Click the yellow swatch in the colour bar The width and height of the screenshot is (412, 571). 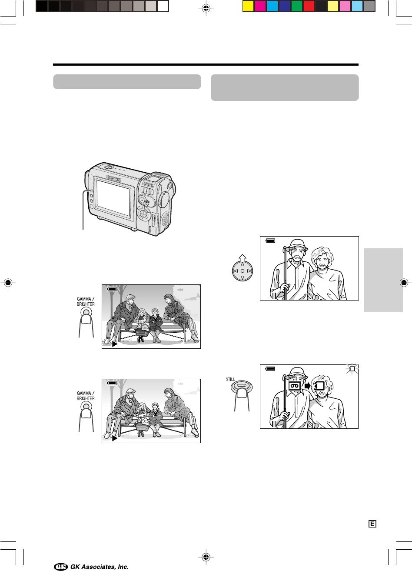click(x=248, y=6)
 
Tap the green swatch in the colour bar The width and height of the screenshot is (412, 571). click(x=296, y=6)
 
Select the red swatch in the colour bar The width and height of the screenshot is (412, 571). click(x=309, y=6)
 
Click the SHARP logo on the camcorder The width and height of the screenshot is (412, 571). click(x=113, y=178)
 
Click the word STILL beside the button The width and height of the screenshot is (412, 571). click(x=230, y=379)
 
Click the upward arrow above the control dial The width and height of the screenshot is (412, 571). click(x=243, y=258)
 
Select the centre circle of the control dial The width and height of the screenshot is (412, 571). click(x=243, y=271)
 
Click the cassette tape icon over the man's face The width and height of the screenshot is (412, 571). click(x=295, y=386)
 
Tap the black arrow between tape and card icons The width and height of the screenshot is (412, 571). click(x=308, y=386)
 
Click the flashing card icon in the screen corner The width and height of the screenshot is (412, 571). click(x=352, y=369)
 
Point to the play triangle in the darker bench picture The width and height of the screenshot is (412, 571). click(x=115, y=344)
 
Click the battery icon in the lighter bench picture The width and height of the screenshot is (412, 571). click(x=112, y=383)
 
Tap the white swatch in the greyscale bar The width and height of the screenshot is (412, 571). click(x=163, y=6)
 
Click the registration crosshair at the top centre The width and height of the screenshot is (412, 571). click(x=206, y=8)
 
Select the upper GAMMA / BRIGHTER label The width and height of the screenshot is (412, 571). click(x=86, y=301)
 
